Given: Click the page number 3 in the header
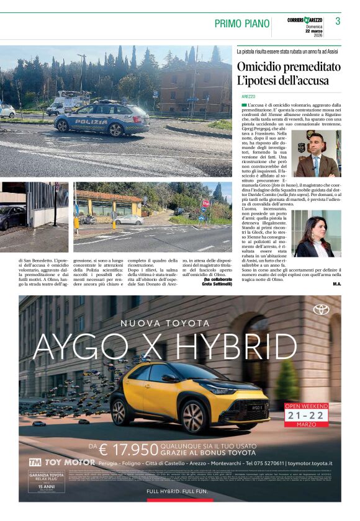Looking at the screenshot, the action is point(338,21).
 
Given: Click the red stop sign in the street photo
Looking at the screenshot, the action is point(205,203).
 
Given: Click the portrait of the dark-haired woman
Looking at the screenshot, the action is point(317,234).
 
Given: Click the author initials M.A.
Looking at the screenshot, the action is point(336,283).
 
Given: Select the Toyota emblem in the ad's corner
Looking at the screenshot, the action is point(322,309).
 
